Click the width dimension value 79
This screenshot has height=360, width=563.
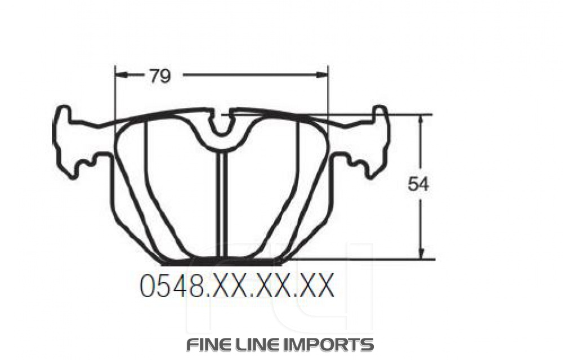[159, 75]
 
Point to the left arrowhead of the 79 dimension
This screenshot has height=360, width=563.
[120, 74]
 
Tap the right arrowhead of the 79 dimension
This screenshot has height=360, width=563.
[323, 74]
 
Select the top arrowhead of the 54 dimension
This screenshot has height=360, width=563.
[421, 120]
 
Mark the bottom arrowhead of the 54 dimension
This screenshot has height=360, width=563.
[421, 254]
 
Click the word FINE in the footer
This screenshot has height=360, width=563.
[210, 344]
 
